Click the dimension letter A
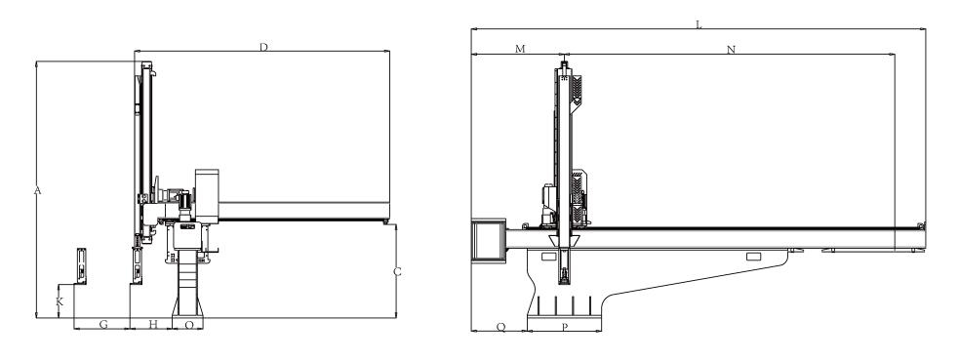[x=37, y=190]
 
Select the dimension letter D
[x=263, y=47]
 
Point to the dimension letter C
[x=397, y=272]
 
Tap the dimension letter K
[x=60, y=301]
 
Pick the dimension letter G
[x=103, y=325]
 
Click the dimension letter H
[x=153, y=325]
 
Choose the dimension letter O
[x=189, y=325]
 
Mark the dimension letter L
[x=699, y=25]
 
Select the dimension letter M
[x=520, y=49]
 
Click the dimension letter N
[x=731, y=50]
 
